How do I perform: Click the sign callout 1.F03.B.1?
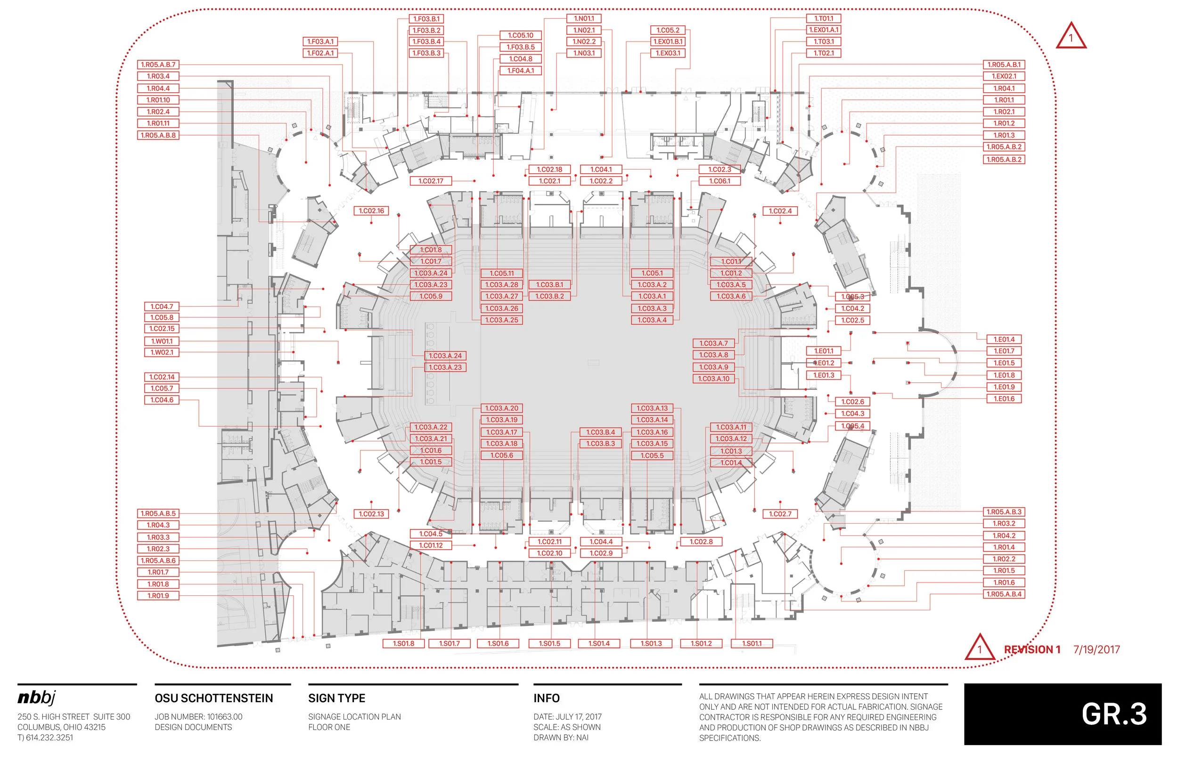pyautogui.click(x=426, y=19)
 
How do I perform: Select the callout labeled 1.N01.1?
pyautogui.click(x=583, y=18)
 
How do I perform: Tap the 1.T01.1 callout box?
pyautogui.click(x=823, y=18)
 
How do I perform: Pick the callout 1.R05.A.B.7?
pyautogui.click(x=158, y=65)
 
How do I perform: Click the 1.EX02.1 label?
pyautogui.click(x=1003, y=76)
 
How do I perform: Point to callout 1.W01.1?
pyautogui.click(x=161, y=341)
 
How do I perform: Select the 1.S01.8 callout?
pyautogui.click(x=403, y=643)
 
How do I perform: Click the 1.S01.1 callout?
pyautogui.click(x=752, y=643)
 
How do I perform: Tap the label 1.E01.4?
pyautogui.click(x=1003, y=340)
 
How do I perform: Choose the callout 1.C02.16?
pyautogui.click(x=371, y=211)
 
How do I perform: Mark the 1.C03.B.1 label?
pyautogui.click(x=549, y=284)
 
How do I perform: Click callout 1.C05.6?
pyautogui.click(x=501, y=455)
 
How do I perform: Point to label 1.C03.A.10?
pyautogui.click(x=713, y=379)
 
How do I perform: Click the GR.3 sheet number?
pyautogui.click(x=1113, y=714)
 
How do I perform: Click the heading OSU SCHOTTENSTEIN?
pyautogui.click(x=213, y=698)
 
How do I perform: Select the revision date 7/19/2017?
pyautogui.click(x=1096, y=650)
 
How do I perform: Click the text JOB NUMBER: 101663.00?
pyautogui.click(x=198, y=716)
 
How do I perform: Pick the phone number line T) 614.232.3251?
pyautogui.click(x=45, y=737)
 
